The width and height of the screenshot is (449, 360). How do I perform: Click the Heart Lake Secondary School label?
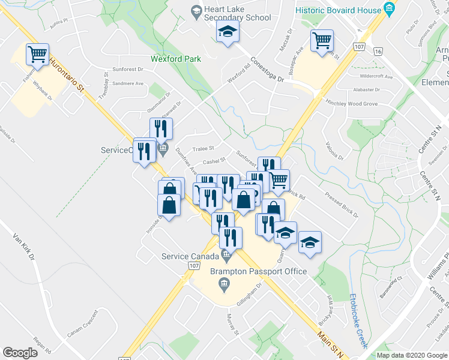(x=237, y=14)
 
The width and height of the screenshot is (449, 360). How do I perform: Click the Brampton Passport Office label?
(x=258, y=271)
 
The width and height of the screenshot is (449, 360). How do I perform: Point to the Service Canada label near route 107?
(x=191, y=256)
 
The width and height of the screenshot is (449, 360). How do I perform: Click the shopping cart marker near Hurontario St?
(x=37, y=55)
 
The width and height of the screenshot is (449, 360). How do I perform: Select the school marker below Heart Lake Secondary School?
(x=228, y=32)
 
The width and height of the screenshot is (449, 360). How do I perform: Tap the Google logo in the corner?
(x=20, y=353)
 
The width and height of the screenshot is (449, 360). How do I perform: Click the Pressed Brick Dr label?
(x=341, y=205)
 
